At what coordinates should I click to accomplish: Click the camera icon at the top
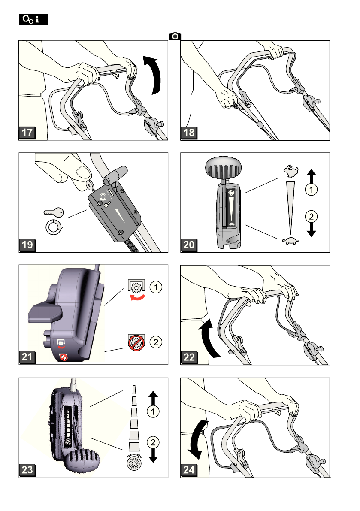click(175, 36)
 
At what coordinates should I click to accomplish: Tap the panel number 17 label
click(27, 133)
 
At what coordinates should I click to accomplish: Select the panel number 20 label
click(189, 245)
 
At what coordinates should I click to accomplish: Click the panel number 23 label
click(27, 470)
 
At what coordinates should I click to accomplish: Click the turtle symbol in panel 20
click(290, 241)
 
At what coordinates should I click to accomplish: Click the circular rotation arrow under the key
click(54, 227)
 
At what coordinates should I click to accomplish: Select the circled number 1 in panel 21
click(156, 287)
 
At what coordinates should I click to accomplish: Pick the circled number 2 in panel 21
click(156, 342)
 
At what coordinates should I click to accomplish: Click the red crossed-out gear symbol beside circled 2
click(136, 342)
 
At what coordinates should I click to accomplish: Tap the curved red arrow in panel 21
click(137, 297)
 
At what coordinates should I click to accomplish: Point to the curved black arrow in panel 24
click(196, 438)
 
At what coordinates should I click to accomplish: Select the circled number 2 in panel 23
click(153, 442)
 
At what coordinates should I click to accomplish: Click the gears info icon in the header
click(33, 19)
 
